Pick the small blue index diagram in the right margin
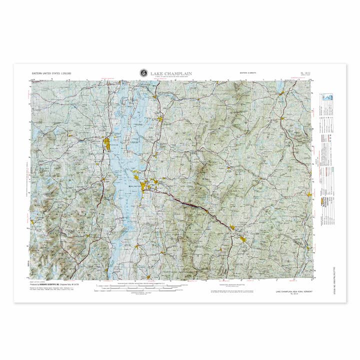[328, 97]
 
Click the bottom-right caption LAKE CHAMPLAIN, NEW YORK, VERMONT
[295, 291]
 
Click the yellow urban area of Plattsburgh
[108, 145]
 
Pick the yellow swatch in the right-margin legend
[317, 201]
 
